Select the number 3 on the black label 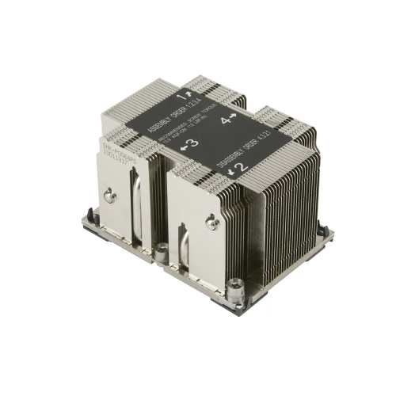point(192,144)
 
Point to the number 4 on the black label point(226,120)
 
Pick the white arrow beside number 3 point(184,146)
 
